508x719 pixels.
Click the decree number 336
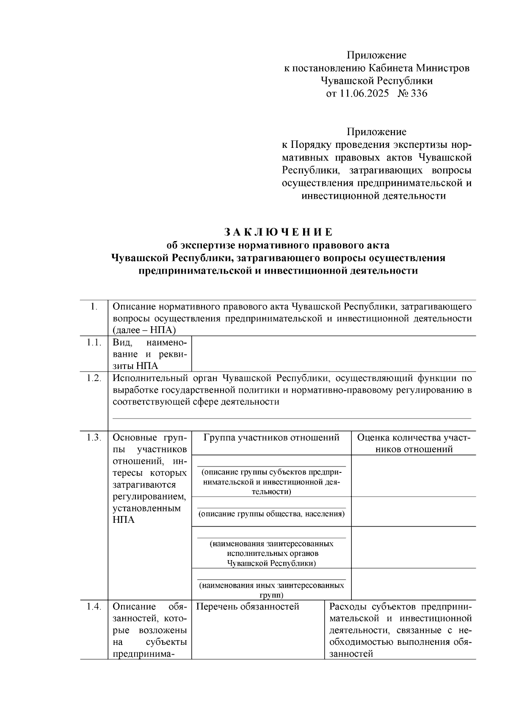click(419, 94)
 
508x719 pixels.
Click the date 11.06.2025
click(363, 94)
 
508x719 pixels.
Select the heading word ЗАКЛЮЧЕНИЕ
click(278, 232)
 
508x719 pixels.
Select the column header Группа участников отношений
click(271, 438)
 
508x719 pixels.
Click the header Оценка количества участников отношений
click(414, 443)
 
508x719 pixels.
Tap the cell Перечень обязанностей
click(248, 607)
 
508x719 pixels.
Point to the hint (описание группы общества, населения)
click(271, 514)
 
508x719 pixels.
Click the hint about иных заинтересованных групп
click(271, 590)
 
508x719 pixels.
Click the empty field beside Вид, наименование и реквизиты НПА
click(334, 354)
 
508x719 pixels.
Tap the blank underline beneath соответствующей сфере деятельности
click(292, 418)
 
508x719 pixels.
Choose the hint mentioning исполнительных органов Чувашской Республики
click(271, 553)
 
